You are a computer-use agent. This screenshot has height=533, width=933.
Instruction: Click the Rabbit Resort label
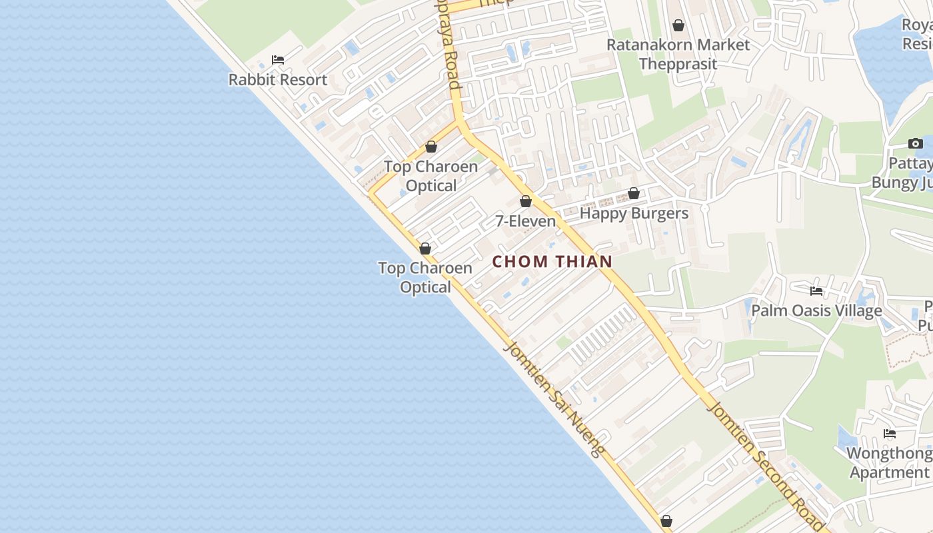(x=278, y=80)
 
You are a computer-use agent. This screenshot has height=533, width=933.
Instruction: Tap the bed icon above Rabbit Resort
(x=278, y=60)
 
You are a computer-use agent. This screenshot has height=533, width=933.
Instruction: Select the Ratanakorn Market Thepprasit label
(x=678, y=55)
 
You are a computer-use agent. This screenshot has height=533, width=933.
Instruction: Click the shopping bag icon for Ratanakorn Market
(x=678, y=26)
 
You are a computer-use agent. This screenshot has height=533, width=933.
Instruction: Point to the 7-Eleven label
(x=525, y=221)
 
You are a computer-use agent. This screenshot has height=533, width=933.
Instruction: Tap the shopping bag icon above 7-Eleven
(x=526, y=201)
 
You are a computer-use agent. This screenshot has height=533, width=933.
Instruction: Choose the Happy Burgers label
(x=634, y=214)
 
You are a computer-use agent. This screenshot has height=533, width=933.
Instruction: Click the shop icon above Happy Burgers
(x=634, y=194)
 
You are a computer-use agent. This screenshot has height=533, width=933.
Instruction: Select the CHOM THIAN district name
(x=552, y=262)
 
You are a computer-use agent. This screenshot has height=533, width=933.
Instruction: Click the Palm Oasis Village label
(x=816, y=311)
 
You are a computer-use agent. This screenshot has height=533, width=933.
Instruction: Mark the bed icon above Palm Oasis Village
(x=816, y=291)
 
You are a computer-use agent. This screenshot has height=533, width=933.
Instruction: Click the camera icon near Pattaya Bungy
(x=916, y=144)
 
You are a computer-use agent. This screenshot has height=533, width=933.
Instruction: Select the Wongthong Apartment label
(x=889, y=463)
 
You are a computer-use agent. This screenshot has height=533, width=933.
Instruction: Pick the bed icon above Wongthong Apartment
(x=890, y=434)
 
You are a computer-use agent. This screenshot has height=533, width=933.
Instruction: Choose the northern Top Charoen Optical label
(x=431, y=176)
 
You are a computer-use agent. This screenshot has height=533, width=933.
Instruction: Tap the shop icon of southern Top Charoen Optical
(x=425, y=249)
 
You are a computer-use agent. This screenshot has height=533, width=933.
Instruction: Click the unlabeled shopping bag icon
(x=666, y=521)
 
